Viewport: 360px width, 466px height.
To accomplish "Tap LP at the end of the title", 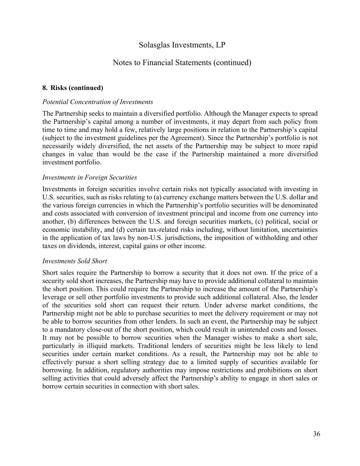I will (x=221, y=45).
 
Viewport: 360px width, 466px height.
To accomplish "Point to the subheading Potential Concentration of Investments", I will (x=98, y=102).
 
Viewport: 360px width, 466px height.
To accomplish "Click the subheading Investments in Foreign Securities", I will (x=89, y=178).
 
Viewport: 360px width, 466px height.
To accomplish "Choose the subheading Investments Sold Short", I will (x=74, y=261).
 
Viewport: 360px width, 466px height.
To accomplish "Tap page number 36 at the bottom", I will (x=316, y=434).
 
